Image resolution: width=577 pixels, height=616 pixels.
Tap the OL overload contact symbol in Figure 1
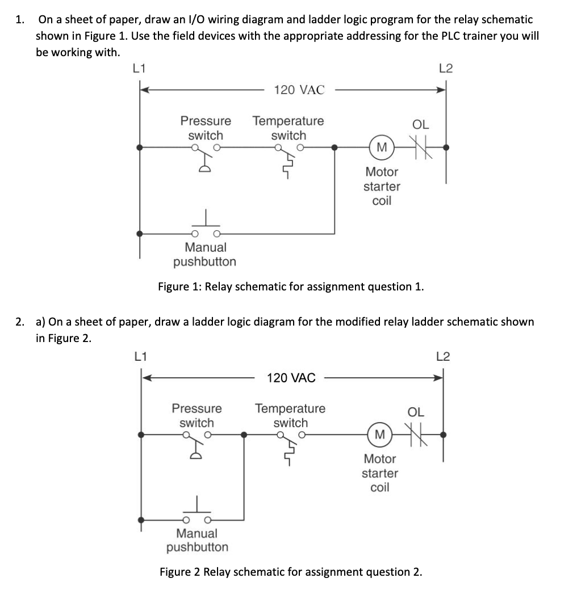[422, 149]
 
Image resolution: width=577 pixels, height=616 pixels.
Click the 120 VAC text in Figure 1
[299, 90]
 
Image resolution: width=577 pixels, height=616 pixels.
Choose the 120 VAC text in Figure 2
[291, 378]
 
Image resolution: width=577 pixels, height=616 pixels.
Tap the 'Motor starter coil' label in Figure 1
[382, 186]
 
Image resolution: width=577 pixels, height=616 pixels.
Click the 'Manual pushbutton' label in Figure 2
[197, 540]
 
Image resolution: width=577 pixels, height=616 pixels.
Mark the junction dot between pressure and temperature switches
[244, 435]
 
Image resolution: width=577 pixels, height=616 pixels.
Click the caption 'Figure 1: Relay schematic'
[290, 286]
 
